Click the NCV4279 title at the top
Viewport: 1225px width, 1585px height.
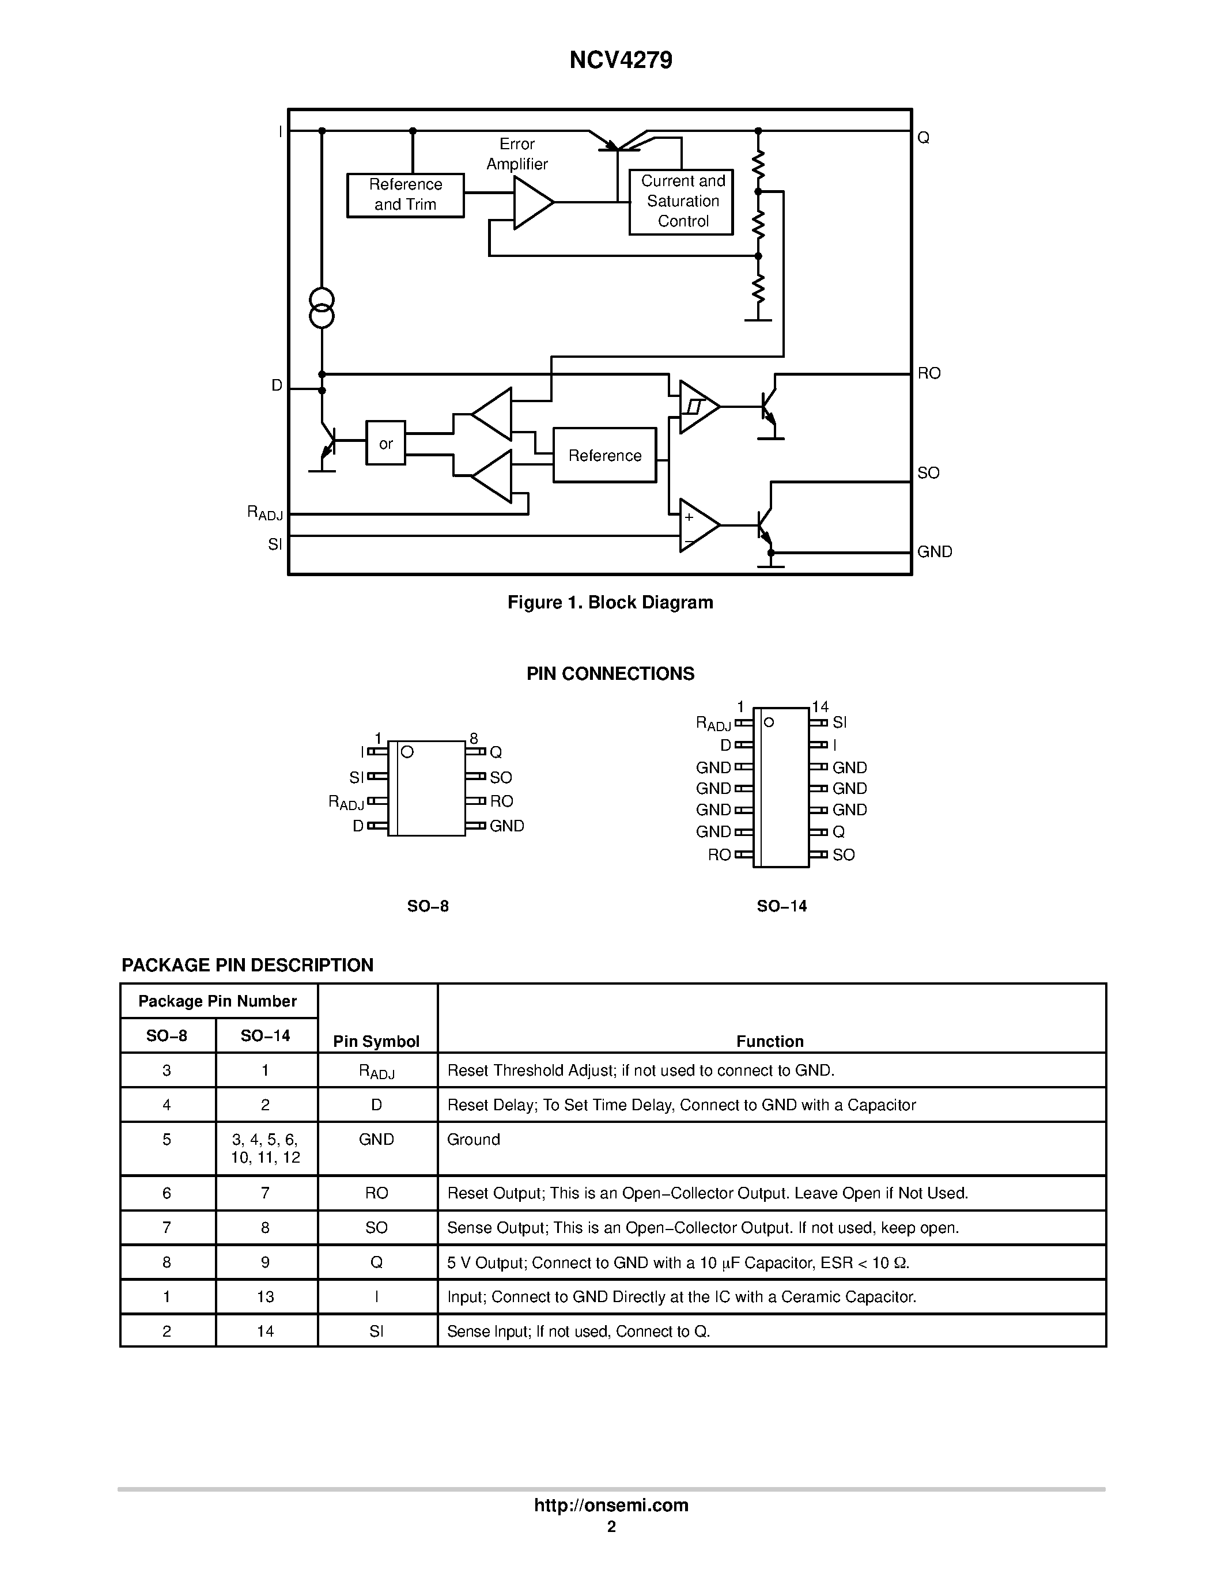pos(621,60)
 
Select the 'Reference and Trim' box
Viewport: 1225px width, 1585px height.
pos(405,195)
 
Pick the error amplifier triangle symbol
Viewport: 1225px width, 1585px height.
pos(531,202)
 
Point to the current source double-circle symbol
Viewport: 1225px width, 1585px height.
pos(322,308)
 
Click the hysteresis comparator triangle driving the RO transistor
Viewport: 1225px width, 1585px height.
pos(697,407)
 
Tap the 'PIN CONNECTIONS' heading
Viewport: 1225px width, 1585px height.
pos(610,674)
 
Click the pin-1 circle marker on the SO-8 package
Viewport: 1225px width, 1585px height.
pos(407,752)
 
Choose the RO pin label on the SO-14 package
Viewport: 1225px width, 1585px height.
pos(719,855)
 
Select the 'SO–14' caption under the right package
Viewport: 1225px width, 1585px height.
pos(781,906)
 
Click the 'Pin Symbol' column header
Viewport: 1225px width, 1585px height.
pos(376,1042)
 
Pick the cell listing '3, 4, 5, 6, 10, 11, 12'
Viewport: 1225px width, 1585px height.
pos(266,1148)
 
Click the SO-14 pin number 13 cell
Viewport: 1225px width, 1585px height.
pos(266,1296)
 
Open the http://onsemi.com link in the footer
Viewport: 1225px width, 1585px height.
pos(611,1505)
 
